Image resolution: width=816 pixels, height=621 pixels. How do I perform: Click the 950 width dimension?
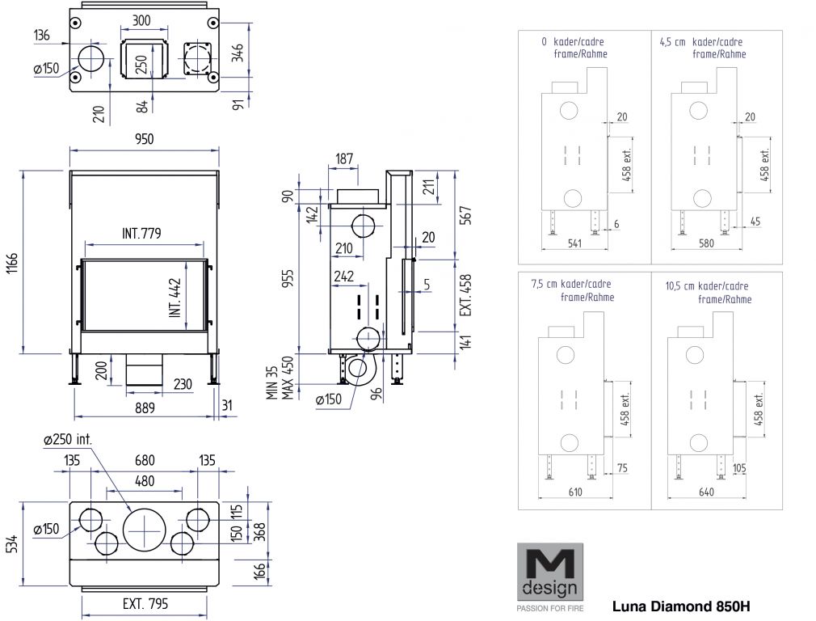coord(144,139)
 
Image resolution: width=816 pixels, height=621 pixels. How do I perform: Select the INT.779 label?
coord(141,234)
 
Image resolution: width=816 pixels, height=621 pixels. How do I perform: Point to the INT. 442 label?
coord(175,296)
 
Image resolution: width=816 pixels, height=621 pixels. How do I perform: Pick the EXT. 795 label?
coord(145,602)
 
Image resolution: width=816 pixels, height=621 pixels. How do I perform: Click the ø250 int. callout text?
coord(69,440)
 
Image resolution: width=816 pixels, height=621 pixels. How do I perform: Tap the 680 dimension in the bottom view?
coord(145,461)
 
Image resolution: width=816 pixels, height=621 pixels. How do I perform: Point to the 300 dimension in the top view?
coord(142,21)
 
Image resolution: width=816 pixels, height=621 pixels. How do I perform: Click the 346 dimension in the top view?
coord(238,54)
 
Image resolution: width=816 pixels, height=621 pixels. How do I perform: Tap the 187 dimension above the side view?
coord(344,158)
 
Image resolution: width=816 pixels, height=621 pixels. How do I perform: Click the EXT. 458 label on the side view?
coord(465,295)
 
